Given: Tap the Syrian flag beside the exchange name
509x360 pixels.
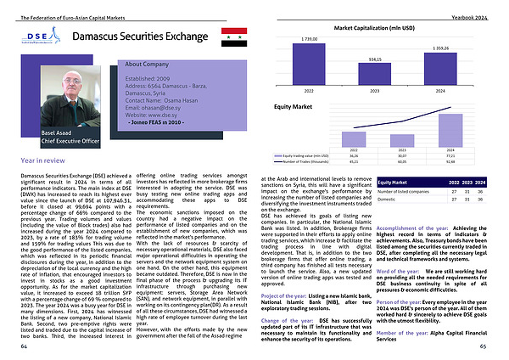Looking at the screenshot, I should click(x=232, y=37).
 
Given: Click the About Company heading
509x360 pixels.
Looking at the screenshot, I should click(x=146, y=65).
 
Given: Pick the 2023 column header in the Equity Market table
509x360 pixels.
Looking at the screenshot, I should click(x=464, y=183).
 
